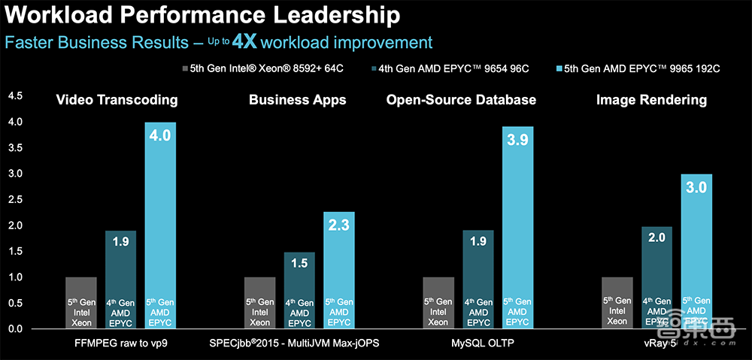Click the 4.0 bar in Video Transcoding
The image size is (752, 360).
point(159,225)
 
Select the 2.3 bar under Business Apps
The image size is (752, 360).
point(338,271)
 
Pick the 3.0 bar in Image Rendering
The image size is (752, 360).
point(696,252)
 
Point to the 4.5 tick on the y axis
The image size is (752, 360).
point(15,95)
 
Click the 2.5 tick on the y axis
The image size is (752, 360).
point(15,199)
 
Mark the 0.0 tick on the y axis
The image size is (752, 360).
point(15,329)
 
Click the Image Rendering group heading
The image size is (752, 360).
point(651,99)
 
